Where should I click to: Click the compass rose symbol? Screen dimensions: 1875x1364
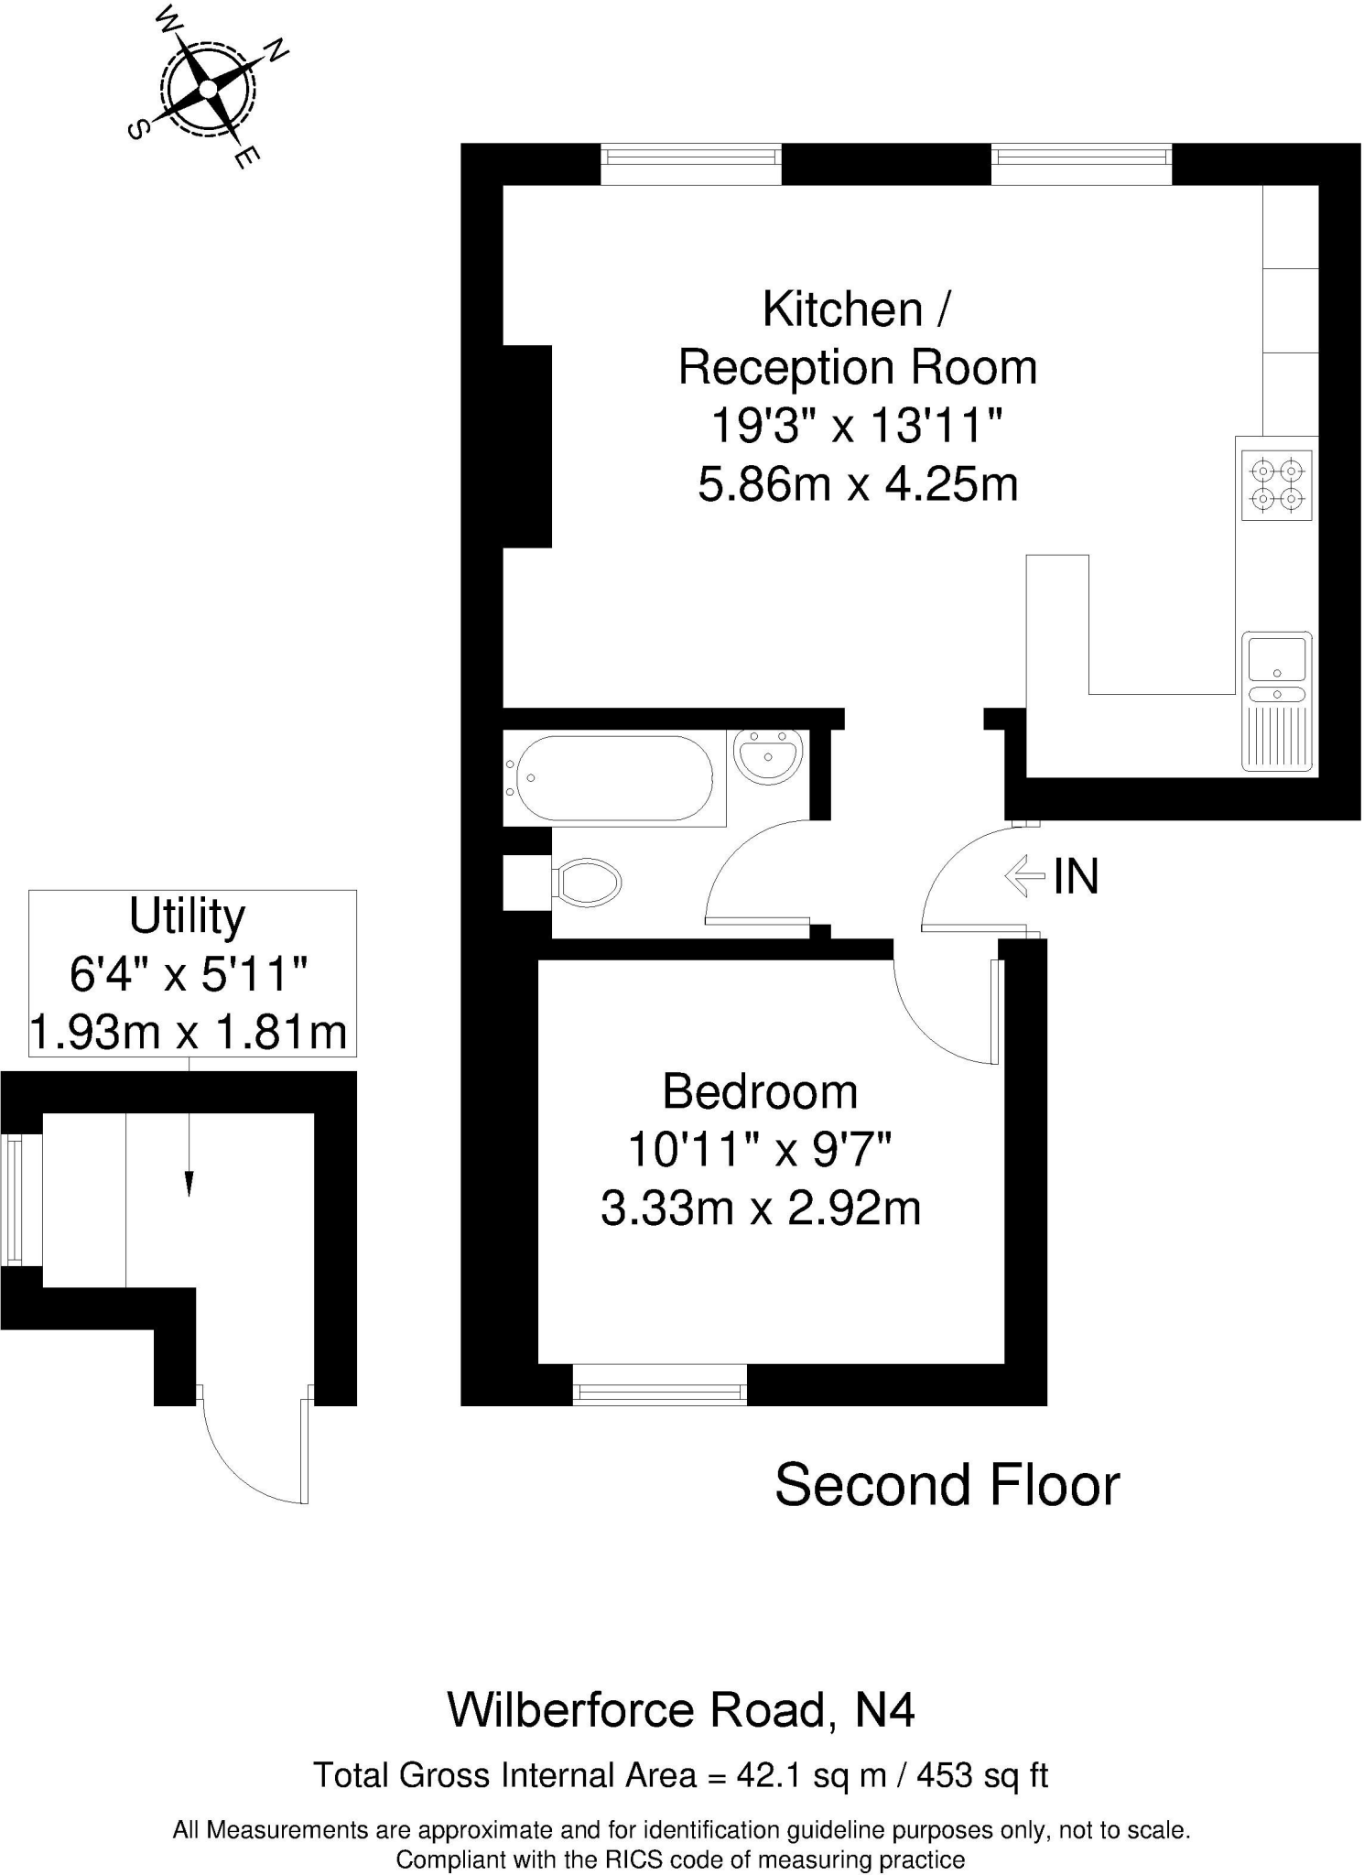pos(208,89)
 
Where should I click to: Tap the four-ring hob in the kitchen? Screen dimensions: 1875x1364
pos(1277,485)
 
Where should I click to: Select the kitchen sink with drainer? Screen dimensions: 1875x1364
pos(1277,700)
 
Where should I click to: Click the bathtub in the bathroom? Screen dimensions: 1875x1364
pos(614,778)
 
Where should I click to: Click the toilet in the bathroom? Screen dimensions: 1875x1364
pos(586,883)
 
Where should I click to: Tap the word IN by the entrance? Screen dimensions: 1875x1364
pos(1076,877)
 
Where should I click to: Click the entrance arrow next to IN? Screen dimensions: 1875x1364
pos(1024,876)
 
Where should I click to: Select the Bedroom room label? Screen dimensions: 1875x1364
pos(760,1091)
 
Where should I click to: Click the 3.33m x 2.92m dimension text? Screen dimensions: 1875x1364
pos(760,1208)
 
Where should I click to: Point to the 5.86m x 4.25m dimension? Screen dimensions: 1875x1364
pos(858,483)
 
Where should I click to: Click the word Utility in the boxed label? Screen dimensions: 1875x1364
pos(188,916)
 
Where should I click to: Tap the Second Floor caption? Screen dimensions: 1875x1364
pos(947,1485)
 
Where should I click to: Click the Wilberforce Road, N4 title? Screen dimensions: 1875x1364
pos(681,1709)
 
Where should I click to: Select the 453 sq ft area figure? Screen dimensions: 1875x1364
pos(981,1775)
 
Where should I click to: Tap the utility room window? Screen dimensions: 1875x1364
pos(14,1200)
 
